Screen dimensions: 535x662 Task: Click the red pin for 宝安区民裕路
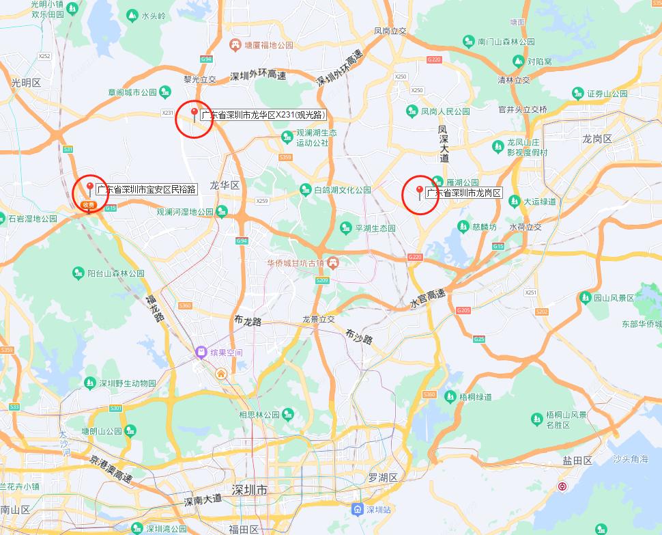(89, 188)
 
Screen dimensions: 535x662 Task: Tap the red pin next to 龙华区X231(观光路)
(195, 114)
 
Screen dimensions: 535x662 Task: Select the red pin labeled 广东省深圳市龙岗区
(420, 192)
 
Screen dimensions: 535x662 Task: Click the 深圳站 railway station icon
(358, 510)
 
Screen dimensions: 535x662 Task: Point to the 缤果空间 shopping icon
(201, 353)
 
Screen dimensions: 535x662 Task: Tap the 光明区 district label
(27, 83)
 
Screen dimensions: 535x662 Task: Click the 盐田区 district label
(577, 461)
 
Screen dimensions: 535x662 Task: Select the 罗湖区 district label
(382, 477)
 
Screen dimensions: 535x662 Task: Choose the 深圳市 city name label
(249, 491)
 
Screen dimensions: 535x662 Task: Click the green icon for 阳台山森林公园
(78, 273)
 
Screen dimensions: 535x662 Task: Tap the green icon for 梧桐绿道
(449, 396)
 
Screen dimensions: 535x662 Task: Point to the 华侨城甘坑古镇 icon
(332, 263)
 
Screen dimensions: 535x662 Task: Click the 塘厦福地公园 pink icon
(235, 45)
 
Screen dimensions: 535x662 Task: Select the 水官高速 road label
(428, 298)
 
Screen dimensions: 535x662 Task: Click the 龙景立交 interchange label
(319, 319)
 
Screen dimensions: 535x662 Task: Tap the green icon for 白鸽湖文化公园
(304, 189)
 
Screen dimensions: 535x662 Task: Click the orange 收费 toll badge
(87, 205)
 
